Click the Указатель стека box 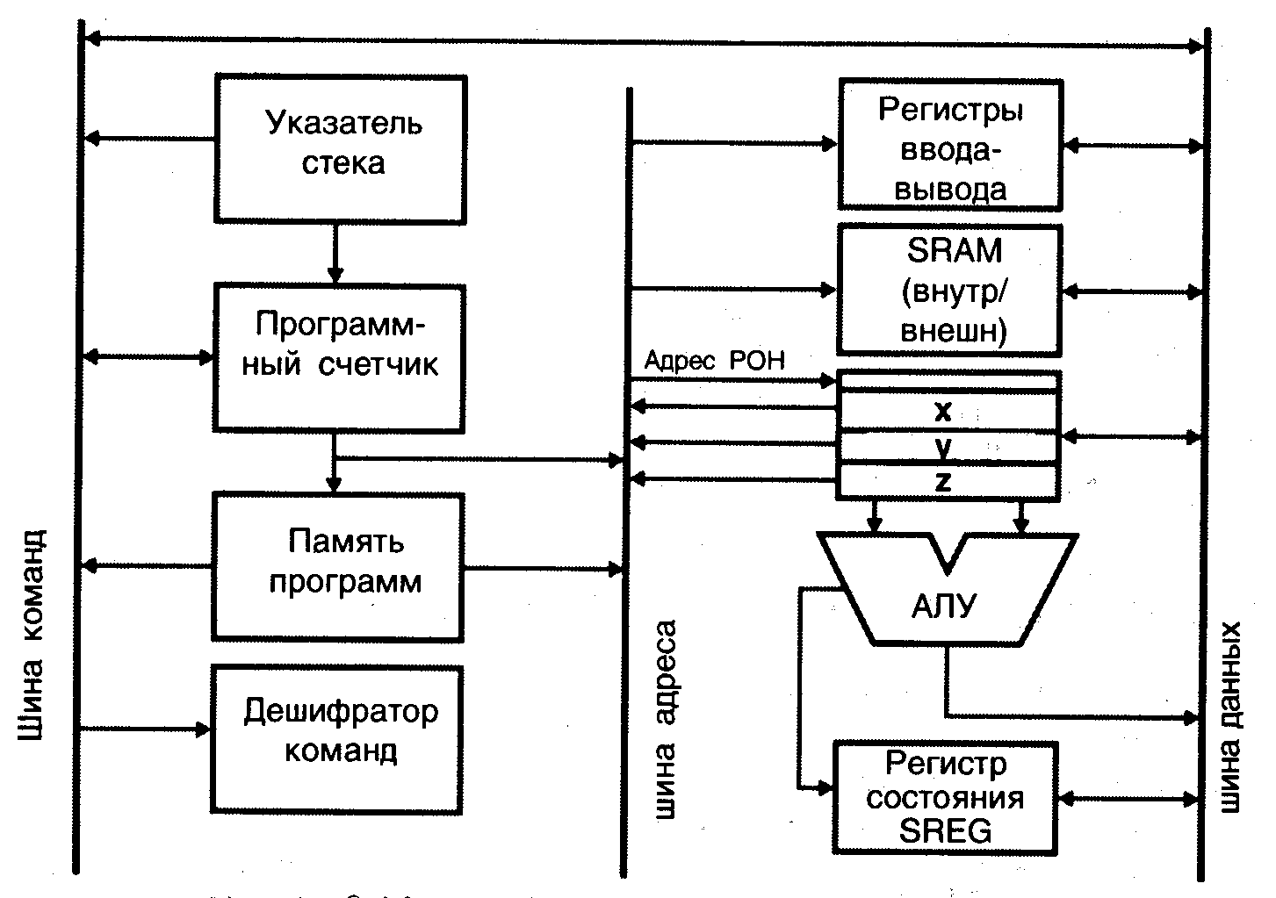tap(341, 147)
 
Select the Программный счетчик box tap(339, 357)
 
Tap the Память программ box tap(338, 566)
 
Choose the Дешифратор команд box tap(338, 737)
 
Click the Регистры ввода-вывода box tap(950, 145)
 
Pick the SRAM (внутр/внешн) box tap(950, 290)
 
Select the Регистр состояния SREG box tap(945, 797)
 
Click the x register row tap(945, 411)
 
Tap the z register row tap(945, 481)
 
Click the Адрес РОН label tap(714, 361)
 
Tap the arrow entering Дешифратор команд tap(145, 729)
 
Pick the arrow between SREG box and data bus tap(1129, 799)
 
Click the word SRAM tap(954, 251)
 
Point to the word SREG tap(945, 830)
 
